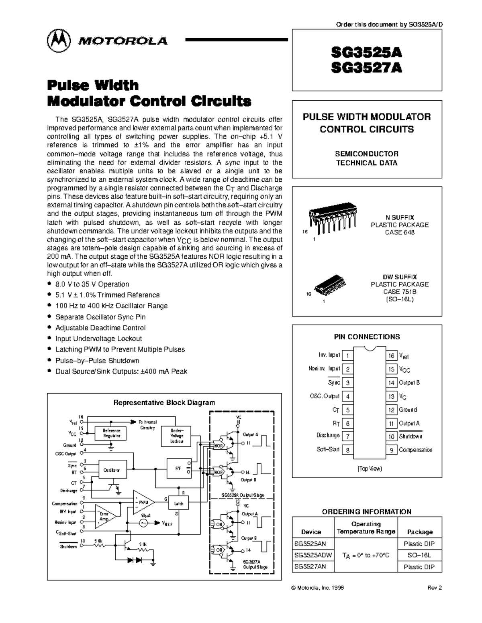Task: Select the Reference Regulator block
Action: pyautogui.click(x=111, y=433)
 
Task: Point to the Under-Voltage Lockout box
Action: pyautogui.click(x=177, y=436)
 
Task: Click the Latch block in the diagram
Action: pyautogui.click(x=179, y=503)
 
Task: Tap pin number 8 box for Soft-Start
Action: pyautogui.click(x=347, y=450)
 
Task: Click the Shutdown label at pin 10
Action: pyautogui.click(x=410, y=436)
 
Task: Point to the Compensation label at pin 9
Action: pyautogui.click(x=415, y=450)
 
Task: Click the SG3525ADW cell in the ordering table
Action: pyautogui.click(x=313, y=556)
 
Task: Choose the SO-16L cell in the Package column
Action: pyautogui.click(x=420, y=556)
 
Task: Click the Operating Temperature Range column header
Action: pyautogui.click(x=366, y=528)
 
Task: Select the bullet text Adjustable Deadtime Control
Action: pyautogui.click(x=100, y=328)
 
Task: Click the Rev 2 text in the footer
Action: pyautogui.click(x=435, y=588)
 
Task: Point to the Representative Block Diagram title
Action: pyautogui.click(x=164, y=403)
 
